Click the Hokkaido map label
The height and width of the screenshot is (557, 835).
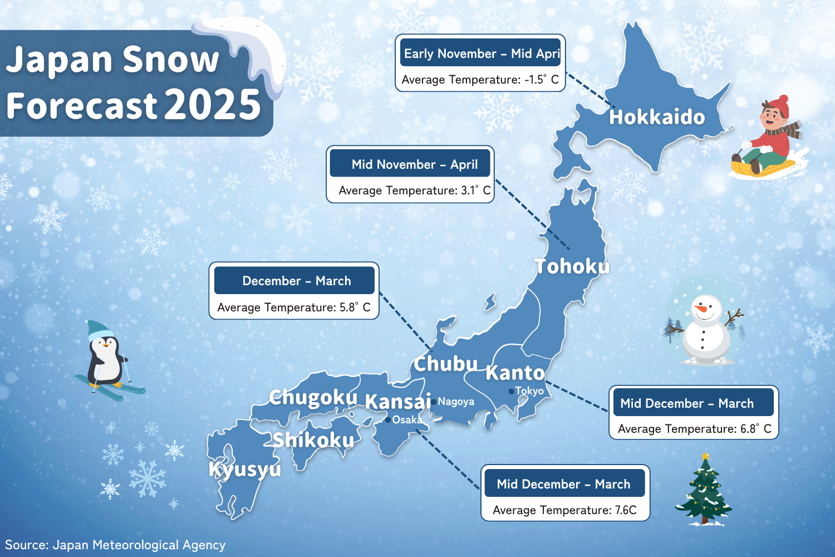(657, 118)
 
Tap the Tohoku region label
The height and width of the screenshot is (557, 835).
(572, 267)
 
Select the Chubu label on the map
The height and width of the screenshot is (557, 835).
(445, 364)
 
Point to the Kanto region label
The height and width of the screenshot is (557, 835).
(515, 373)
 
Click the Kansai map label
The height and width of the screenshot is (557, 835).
(397, 402)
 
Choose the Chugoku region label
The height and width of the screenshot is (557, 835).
(313, 398)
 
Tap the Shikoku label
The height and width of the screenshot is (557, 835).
(313, 441)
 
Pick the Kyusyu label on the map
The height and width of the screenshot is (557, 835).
(245, 470)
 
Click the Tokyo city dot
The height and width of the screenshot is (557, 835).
(512, 392)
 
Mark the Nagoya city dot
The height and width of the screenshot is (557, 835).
(434, 402)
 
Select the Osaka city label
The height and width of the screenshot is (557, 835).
(407, 420)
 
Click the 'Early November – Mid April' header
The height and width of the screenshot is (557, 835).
(480, 53)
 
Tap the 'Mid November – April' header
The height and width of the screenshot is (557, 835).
(414, 165)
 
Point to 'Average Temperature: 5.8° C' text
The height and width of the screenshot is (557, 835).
(293, 307)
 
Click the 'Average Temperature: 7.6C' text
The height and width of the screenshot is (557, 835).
(564, 510)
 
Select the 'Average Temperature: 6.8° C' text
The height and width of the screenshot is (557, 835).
(694, 429)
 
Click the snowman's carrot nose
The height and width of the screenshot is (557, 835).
(701, 307)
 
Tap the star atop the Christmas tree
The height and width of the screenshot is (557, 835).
(705, 456)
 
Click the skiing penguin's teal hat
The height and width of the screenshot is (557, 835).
(100, 329)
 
